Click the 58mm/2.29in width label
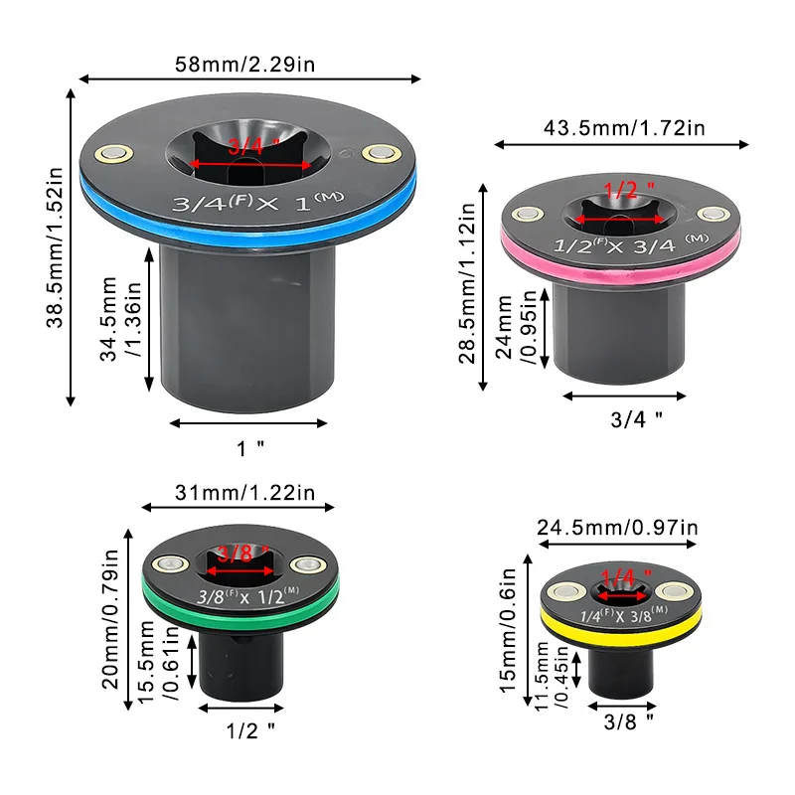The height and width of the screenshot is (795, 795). tap(244, 65)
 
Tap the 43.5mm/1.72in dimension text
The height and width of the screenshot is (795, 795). tap(624, 128)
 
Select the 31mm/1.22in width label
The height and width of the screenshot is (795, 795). tap(244, 493)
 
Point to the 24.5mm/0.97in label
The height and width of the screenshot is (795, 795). tap(617, 528)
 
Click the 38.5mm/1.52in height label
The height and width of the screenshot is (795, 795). tap(55, 247)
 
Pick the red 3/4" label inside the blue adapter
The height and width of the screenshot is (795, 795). tap(253, 146)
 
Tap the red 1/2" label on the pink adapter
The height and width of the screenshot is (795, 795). tap(629, 190)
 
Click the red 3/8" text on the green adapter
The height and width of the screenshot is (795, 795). tap(243, 554)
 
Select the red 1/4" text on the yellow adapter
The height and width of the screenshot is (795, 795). tap(626, 577)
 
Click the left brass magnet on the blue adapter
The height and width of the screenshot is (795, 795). tap(114, 153)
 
